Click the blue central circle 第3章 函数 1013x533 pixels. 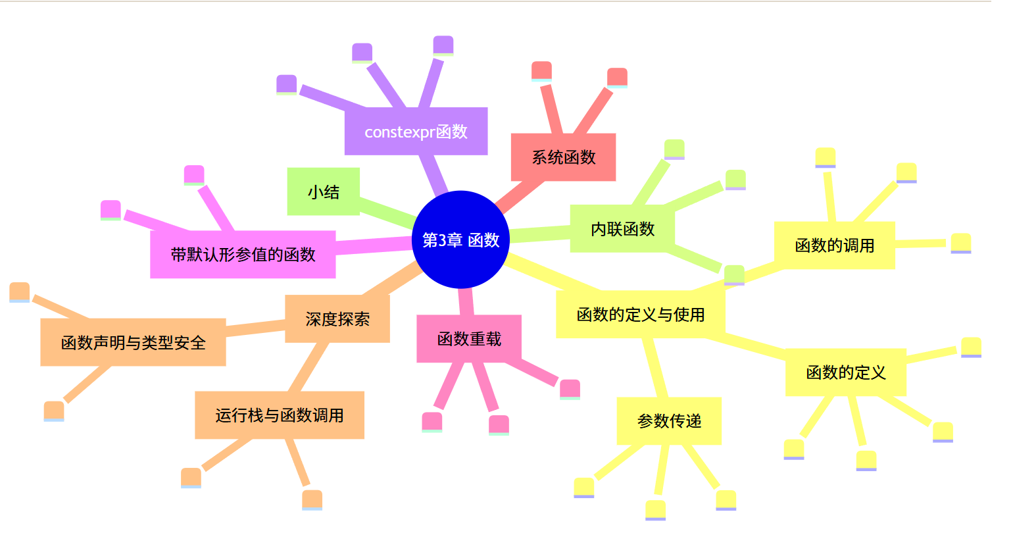pos(460,240)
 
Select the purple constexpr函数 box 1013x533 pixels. pos(416,132)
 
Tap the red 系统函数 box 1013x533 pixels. pos(563,157)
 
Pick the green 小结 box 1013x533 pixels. pos(323,191)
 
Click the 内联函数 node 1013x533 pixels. pos(622,229)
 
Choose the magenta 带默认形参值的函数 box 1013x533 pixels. pos(243,255)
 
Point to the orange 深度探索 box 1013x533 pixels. pos(337,319)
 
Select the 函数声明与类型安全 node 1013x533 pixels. pos(133,342)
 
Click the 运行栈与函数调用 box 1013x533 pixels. pos(279,415)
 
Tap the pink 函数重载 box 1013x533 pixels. pos(469,339)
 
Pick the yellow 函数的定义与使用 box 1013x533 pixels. pos(640,315)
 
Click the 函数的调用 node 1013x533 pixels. pos(834,245)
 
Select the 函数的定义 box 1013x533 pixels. pos(845,372)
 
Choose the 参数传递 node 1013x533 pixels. pos(669,421)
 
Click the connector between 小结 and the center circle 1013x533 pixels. pos(388,210)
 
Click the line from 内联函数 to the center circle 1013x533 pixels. pos(539,234)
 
